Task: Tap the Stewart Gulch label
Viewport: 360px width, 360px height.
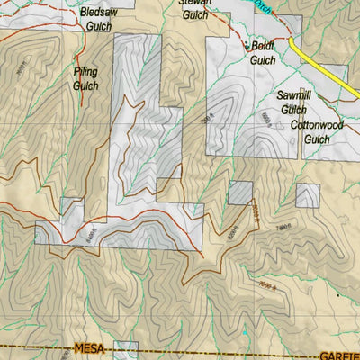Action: pyautogui.click(x=195, y=8)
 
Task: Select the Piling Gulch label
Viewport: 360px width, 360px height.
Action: pyautogui.click(x=85, y=77)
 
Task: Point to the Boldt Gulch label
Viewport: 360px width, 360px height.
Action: pyautogui.click(x=263, y=53)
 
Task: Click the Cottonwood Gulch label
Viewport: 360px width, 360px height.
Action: pyautogui.click(x=310, y=132)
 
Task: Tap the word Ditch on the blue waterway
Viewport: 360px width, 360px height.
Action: pyautogui.click(x=261, y=5)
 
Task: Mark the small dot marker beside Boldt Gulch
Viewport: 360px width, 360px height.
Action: pyautogui.click(x=247, y=43)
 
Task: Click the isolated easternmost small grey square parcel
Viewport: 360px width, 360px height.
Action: pyautogui.click(x=308, y=195)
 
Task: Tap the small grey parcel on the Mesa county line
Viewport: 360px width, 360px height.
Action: pyautogui.click(x=125, y=351)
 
